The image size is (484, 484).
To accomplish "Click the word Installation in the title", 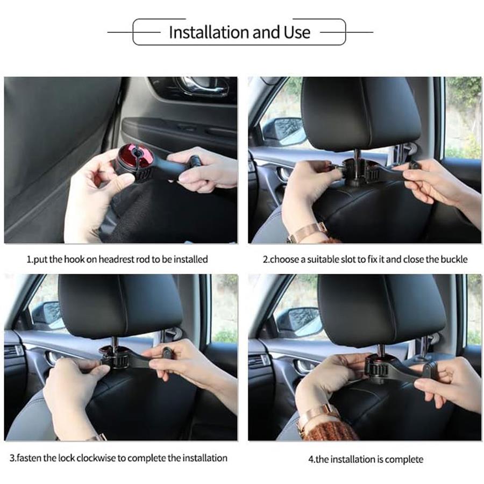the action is pyautogui.click(x=209, y=32).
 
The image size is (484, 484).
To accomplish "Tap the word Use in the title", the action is pyautogui.click(x=297, y=32).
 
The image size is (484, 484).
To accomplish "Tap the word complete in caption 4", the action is pyautogui.click(x=404, y=459).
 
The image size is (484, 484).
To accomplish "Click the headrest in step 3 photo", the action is pyautogui.click(x=120, y=305).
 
